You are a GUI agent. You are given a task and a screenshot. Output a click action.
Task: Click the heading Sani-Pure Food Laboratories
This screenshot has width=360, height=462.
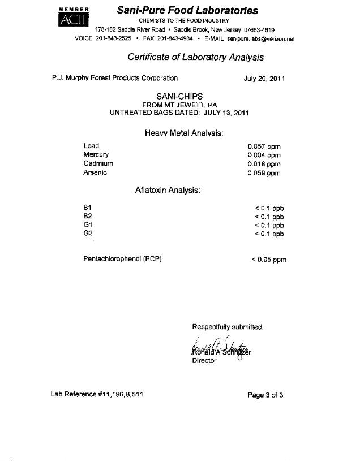[187, 10]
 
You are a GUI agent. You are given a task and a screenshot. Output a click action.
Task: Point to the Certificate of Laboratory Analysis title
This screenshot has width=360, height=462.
[195, 57]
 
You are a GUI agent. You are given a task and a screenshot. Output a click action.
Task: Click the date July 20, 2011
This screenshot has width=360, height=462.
[263, 79]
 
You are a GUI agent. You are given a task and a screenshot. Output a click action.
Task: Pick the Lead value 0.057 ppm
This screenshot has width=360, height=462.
[264, 146]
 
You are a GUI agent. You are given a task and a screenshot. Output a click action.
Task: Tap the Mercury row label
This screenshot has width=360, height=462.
[96, 154]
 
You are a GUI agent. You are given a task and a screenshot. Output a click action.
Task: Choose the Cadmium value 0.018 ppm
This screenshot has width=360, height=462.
[264, 164]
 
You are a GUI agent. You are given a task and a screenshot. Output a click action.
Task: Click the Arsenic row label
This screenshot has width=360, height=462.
[95, 172]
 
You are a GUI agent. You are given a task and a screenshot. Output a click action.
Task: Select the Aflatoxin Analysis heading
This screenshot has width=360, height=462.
[168, 191]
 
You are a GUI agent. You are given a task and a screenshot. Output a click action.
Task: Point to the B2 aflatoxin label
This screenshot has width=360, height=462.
[88, 216]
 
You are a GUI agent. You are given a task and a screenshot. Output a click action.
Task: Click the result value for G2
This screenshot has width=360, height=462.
[269, 234]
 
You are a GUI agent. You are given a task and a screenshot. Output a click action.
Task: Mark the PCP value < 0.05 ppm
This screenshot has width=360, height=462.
[269, 260]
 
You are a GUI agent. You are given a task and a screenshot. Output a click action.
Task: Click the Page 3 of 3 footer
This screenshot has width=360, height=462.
[265, 395]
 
